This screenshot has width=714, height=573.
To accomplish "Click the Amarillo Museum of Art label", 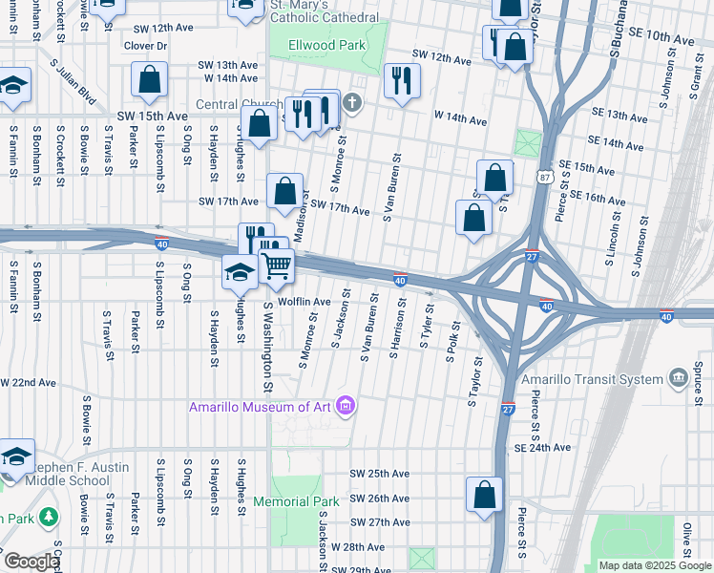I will (259, 407).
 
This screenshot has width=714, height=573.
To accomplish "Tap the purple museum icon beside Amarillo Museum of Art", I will (345, 407).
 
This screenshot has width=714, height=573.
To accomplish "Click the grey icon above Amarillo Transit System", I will (679, 378).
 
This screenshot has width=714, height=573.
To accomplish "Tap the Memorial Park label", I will (296, 501).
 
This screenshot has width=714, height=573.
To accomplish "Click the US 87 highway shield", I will (543, 178).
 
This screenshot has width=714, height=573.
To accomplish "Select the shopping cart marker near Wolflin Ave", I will (277, 266).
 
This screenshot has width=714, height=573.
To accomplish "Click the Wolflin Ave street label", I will (304, 302).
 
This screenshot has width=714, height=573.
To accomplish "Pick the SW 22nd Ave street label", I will (29, 382).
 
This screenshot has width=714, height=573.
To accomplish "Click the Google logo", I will (31, 562).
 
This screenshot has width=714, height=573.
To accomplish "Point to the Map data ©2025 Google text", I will (654, 565).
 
